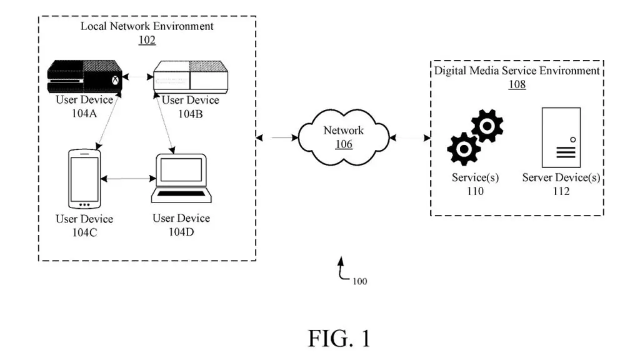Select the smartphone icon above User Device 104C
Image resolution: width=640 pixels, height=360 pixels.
[x=84, y=178]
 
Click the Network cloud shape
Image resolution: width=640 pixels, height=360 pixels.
[x=343, y=137]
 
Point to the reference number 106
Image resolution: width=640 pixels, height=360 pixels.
[x=343, y=144]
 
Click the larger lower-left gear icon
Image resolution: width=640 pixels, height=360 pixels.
[x=464, y=149]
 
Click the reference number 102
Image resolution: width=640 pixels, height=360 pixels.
[x=147, y=40]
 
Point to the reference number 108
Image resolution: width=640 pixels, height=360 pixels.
[x=517, y=84]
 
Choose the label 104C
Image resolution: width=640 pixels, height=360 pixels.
[x=84, y=232]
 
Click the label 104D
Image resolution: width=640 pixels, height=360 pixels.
[x=181, y=232]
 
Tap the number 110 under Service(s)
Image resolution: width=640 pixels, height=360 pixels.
[x=475, y=191]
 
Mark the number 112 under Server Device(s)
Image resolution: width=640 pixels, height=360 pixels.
[x=561, y=191]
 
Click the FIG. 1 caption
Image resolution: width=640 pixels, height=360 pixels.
[x=339, y=338]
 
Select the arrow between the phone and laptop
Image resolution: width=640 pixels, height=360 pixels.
[x=128, y=179]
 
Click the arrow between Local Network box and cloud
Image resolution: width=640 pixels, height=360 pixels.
[x=277, y=137]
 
